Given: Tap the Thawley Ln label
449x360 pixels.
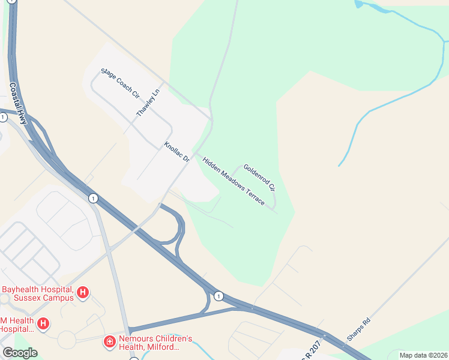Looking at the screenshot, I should point(149,103).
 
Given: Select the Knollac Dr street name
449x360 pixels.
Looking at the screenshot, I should point(177,152).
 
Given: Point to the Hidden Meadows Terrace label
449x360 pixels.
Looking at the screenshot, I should point(234,181).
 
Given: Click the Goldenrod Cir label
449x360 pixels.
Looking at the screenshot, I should point(259,178).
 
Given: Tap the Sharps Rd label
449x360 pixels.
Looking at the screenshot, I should point(359,329).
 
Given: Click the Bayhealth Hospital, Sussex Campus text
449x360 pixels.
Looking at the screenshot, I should point(37,293).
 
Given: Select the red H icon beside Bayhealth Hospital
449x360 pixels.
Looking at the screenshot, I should point(83,293).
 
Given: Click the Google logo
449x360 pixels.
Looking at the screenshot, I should point(19,353).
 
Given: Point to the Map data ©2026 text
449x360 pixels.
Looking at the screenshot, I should point(423,355).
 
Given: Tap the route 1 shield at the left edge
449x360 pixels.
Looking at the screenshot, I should point(3,117).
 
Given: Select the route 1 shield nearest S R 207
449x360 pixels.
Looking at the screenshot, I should point(218,296).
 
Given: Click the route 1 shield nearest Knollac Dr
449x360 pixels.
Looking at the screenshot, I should point(92,198).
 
